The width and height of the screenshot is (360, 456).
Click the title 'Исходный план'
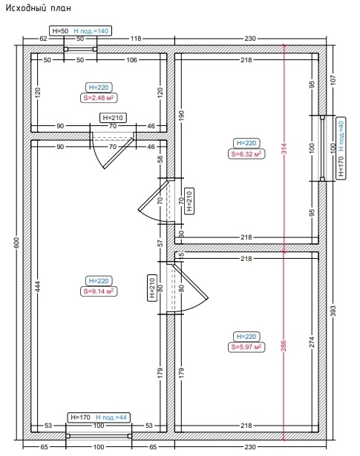[x=38, y=7]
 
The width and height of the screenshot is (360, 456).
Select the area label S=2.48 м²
[x=99, y=98]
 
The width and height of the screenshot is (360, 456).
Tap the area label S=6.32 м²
[x=246, y=153]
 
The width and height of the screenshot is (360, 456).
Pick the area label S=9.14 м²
[x=99, y=291]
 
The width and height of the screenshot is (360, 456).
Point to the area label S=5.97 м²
[x=246, y=347]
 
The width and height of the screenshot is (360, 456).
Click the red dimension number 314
[x=284, y=148]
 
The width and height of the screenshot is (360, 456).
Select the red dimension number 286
[x=284, y=346]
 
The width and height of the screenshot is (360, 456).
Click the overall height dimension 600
[x=16, y=243]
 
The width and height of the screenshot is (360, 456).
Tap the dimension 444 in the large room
[x=38, y=286]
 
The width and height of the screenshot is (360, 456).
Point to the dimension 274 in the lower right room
[x=312, y=342]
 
